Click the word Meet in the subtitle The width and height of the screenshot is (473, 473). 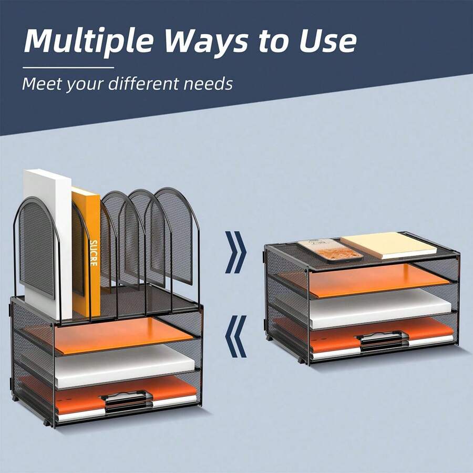click(x=43, y=84)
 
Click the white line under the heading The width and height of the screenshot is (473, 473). click(x=68, y=67)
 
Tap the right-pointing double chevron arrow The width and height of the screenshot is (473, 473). click(x=236, y=252)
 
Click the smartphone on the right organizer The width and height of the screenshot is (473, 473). click(x=330, y=250)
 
